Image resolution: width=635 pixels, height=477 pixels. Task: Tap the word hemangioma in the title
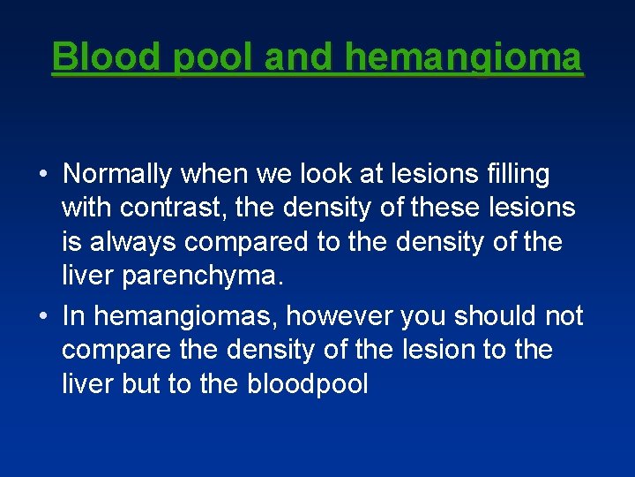pyautogui.click(x=464, y=57)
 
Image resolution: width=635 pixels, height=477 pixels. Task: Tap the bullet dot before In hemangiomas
pyautogui.click(x=42, y=316)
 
